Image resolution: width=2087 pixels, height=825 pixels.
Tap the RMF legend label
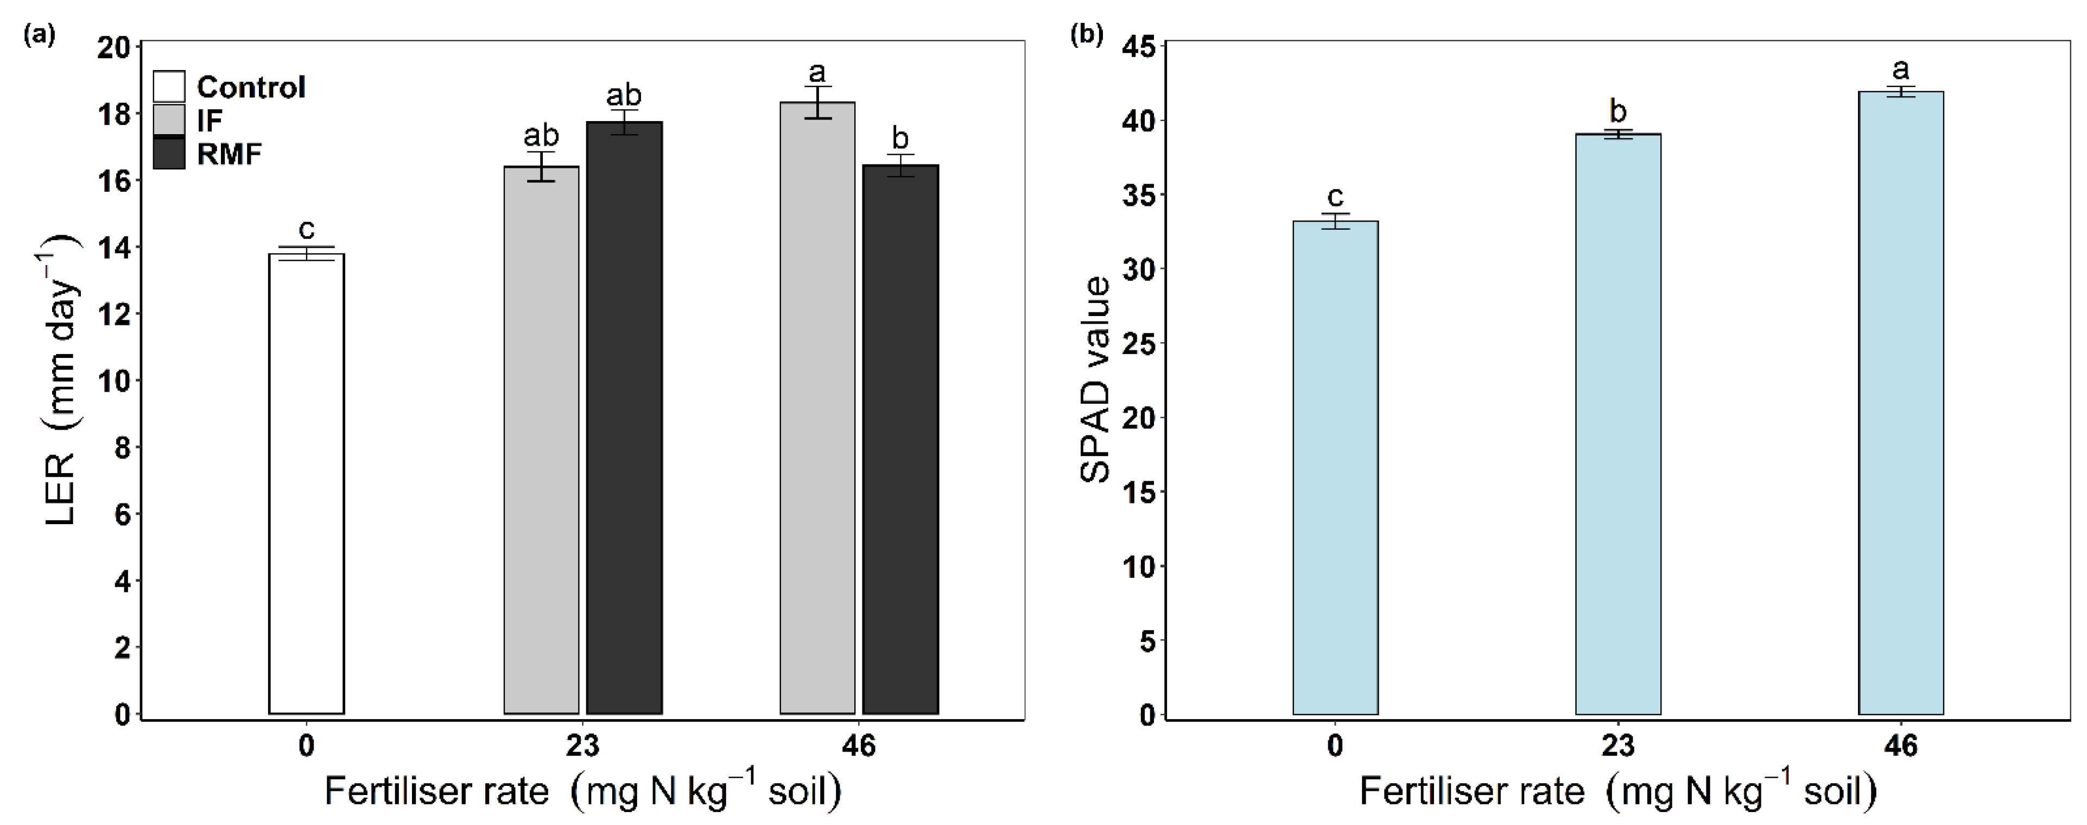pos(229,154)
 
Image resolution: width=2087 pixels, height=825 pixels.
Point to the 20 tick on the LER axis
pos(113,48)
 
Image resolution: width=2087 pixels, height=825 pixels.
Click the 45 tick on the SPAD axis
pos(1138,47)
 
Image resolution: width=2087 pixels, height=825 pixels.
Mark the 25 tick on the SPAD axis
pos(1138,344)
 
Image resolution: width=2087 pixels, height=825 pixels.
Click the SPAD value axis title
pos(1095,379)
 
